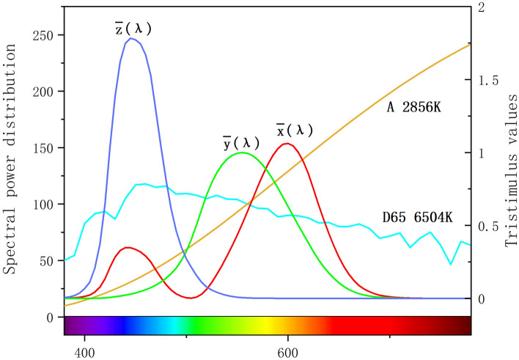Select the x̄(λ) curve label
click(x=294, y=130)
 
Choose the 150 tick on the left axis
click(x=45, y=147)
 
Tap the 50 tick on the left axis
click(x=48, y=260)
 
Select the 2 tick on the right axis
click(x=481, y=7)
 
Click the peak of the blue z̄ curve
click(x=131, y=38)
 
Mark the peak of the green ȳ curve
click(x=243, y=153)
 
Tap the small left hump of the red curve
click(x=128, y=248)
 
